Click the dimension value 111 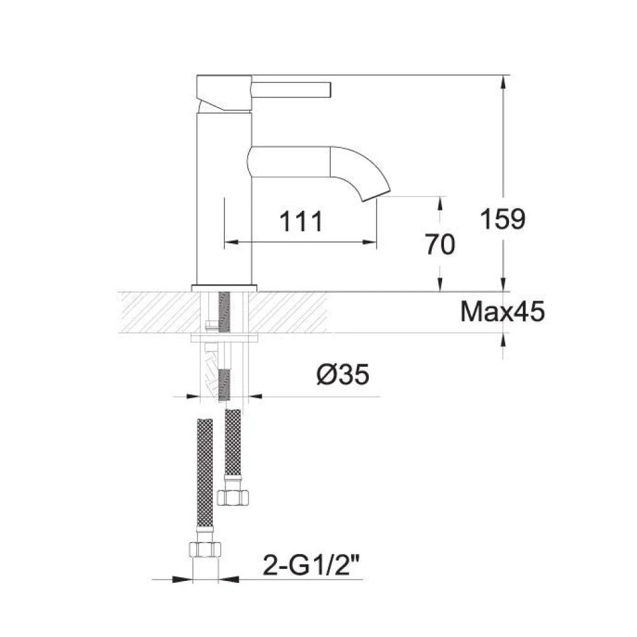click(302, 222)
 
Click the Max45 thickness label click(503, 312)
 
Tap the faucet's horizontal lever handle click(293, 88)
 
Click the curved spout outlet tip click(376, 193)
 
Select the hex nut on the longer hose click(206, 550)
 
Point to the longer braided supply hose click(205, 471)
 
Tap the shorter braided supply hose click(233, 443)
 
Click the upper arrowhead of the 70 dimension click(440, 203)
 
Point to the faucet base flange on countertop click(224, 287)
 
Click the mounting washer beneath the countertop click(224, 336)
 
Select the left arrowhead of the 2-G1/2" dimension click(185, 580)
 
